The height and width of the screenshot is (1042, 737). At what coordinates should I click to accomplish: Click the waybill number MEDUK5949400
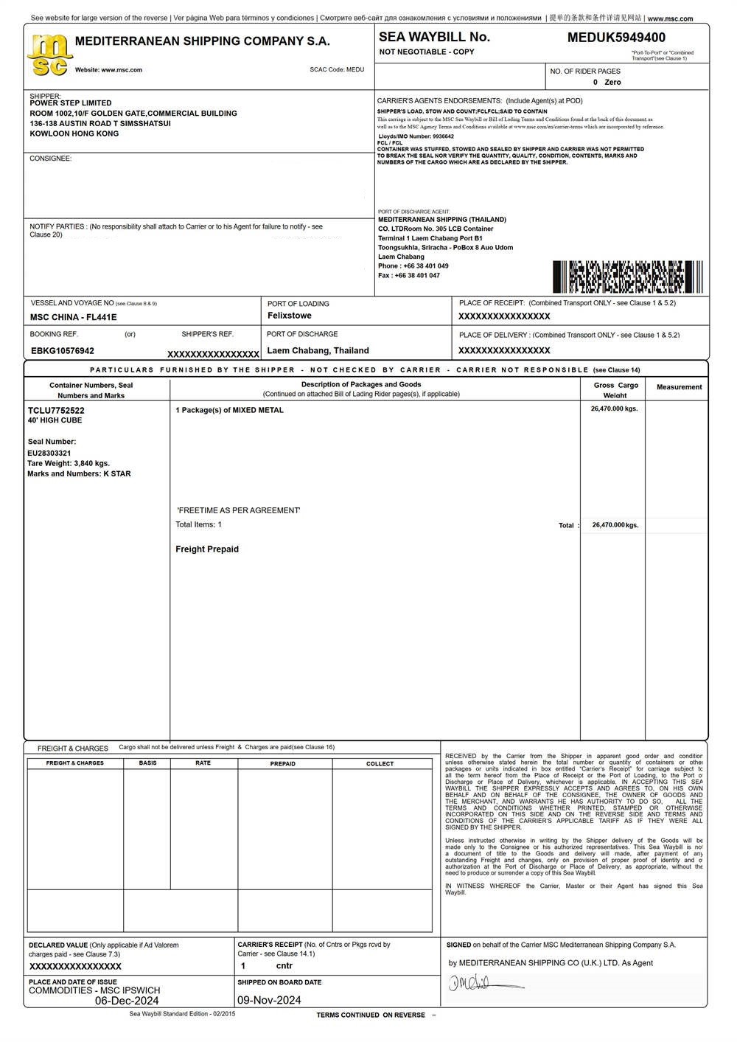click(x=616, y=38)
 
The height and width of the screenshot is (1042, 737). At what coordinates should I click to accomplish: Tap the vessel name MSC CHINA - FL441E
click(x=73, y=317)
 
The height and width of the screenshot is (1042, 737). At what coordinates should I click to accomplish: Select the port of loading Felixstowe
click(x=289, y=316)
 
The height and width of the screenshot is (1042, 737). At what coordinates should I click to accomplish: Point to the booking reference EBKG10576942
click(x=63, y=351)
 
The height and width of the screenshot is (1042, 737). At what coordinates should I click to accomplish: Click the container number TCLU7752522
click(x=56, y=410)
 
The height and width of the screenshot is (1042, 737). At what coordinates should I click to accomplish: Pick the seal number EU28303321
click(x=49, y=453)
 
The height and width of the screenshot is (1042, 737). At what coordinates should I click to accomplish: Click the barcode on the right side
click(x=627, y=277)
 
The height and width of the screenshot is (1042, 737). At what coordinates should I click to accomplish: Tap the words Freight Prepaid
click(x=207, y=549)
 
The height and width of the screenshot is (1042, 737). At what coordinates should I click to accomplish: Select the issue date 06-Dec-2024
click(x=127, y=1001)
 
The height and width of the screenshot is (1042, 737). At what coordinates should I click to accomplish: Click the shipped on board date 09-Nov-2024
click(x=269, y=1001)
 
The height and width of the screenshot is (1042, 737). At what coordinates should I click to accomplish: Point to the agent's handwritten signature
click(x=479, y=983)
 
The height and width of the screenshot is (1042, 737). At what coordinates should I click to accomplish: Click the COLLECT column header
click(x=380, y=764)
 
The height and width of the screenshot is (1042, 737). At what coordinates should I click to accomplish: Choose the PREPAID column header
click(x=283, y=764)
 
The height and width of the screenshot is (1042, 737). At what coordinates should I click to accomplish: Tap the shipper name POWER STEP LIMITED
click(x=71, y=103)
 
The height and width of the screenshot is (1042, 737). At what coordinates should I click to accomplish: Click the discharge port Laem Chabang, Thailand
click(x=318, y=351)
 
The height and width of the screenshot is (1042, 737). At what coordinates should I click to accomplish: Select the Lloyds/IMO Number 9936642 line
click(x=416, y=136)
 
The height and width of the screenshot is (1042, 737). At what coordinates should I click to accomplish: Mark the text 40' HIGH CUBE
click(x=55, y=420)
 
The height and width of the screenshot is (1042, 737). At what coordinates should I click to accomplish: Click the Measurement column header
click(x=679, y=387)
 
